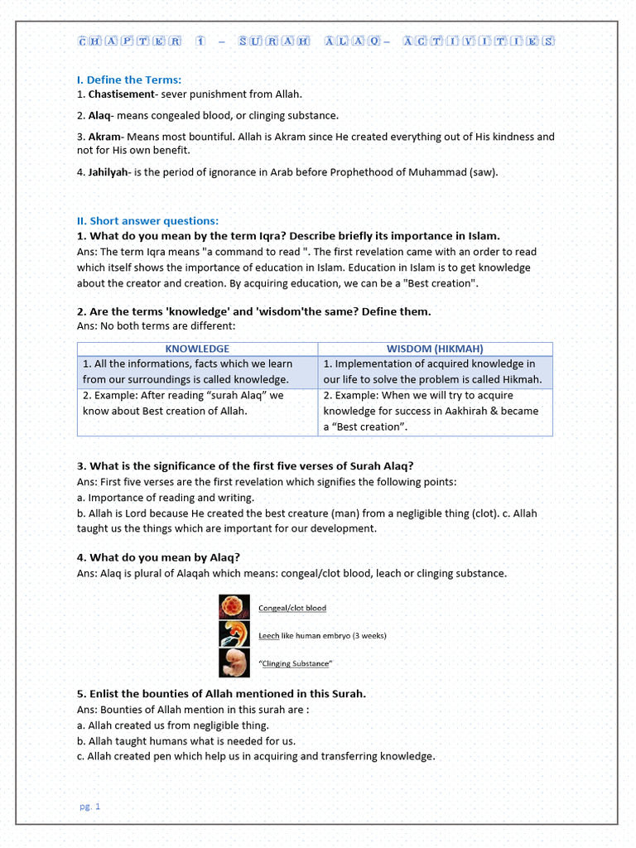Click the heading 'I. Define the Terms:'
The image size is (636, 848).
point(128,79)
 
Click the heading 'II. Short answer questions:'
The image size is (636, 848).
point(147,221)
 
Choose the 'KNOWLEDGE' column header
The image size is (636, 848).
point(197,349)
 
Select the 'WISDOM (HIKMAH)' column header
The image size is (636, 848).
point(435,349)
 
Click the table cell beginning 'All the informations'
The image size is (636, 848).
point(197,371)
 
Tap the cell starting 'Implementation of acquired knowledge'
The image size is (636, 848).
point(435,371)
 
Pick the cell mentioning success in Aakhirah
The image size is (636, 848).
point(435,411)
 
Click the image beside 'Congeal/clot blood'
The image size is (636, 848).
point(230,607)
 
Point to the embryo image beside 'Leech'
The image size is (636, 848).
point(230,634)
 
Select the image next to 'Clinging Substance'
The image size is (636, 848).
point(230,662)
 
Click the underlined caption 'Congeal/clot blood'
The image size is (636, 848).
point(292,608)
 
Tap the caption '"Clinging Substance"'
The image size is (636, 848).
point(296,663)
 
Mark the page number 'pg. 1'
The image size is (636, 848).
point(89,806)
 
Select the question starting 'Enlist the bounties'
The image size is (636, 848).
point(221,693)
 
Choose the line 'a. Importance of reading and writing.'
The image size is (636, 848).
point(166,498)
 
